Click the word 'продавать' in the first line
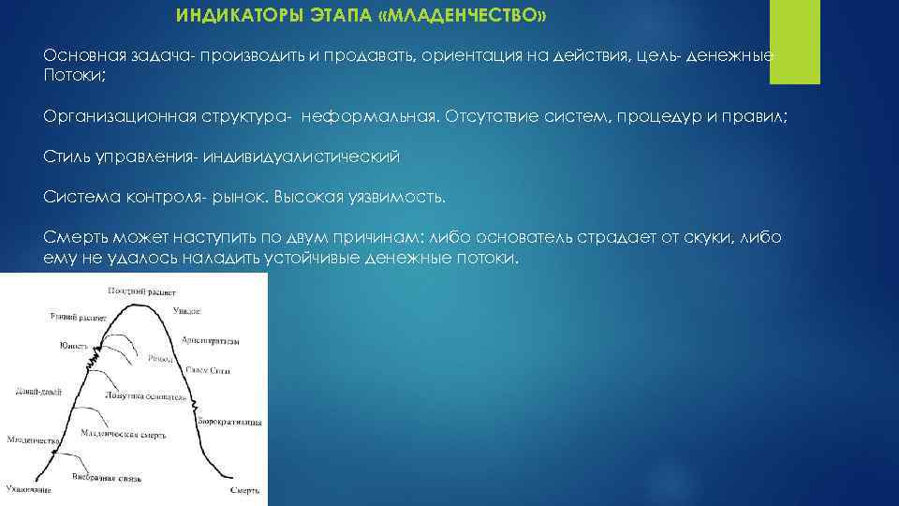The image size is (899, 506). pyautogui.click(x=367, y=56)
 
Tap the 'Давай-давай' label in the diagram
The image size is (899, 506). pyautogui.click(x=39, y=393)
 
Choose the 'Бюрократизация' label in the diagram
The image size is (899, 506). pyautogui.click(x=229, y=424)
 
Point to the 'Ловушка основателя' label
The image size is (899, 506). pyautogui.click(x=143, y=397)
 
